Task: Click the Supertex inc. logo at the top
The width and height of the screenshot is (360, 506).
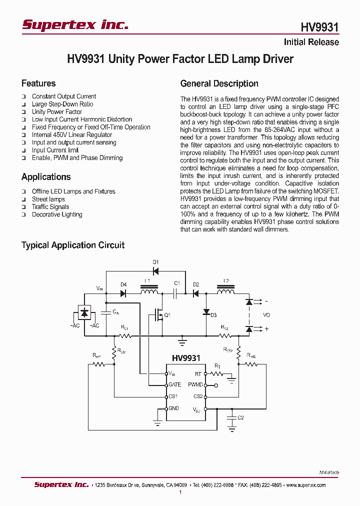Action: pyautogui.click(x=75, y=25)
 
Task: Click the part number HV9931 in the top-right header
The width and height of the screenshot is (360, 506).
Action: pyautogui.click(x=319, y=27)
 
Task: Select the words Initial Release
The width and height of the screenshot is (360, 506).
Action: pyautogui.click(x=311, y=42)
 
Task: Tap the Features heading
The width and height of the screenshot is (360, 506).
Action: pyautogui.click(x=38, y=83)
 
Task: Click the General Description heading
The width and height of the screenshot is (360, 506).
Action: pyautogui.click(x=219, y=83)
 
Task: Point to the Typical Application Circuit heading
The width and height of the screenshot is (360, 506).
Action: pyautogui.click(x=72, y=245)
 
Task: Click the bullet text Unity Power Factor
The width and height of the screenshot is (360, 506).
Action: pyautogui.click(x=57, y=112)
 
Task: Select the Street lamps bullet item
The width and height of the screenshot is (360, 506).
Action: pyautogui.click(x=48, y=199)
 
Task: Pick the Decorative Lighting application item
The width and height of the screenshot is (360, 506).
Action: pyautogui.click(x=57, y=214)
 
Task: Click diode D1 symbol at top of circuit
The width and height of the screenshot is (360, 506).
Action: pyautogui.click(x=155, y=271)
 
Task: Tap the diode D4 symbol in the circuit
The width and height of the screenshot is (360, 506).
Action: pyautogui.click(x=123, y=293)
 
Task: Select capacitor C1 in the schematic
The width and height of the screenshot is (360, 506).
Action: pyautogui.click(x=176, y=293)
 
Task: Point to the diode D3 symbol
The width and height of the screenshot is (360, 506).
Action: pyautogui.click(x=205, y=312)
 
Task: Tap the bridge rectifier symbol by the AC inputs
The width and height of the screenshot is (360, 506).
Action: pyautogui.click(x=84, y=312)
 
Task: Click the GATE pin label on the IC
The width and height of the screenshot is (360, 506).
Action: pyautogui.click(x=175, y=385)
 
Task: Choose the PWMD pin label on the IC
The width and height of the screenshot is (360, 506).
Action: pyautogui.click(x=195, y=385)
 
